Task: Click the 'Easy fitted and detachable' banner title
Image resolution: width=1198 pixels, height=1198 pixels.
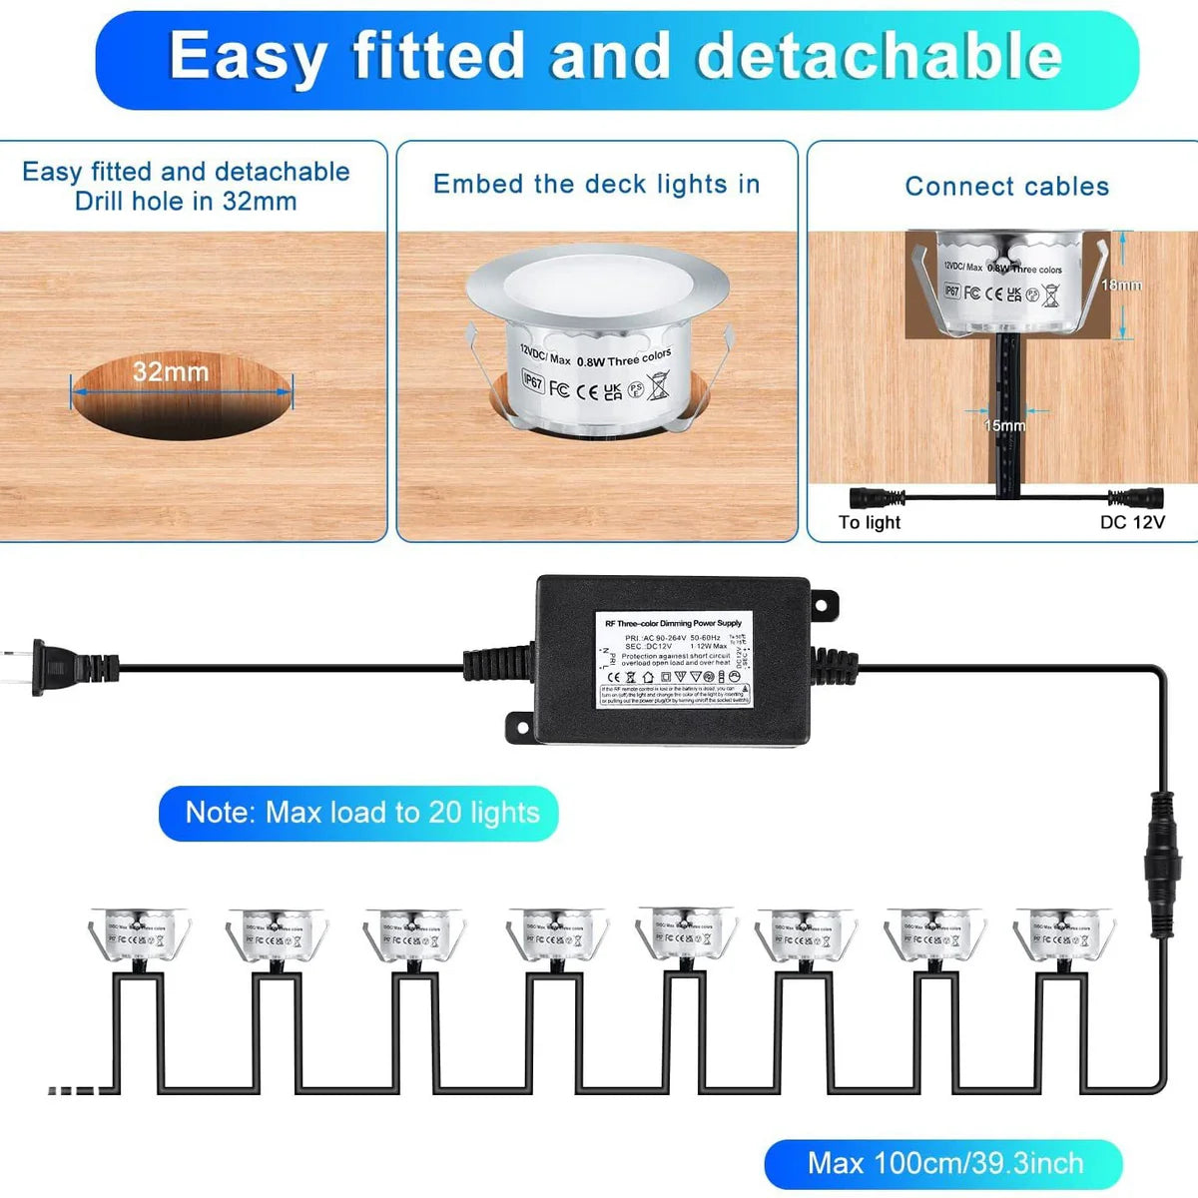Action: tap(616, 56)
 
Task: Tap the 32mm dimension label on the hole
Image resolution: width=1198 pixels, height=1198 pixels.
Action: tap(171, 372)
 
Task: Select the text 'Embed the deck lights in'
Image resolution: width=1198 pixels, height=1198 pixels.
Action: tap(596, 184)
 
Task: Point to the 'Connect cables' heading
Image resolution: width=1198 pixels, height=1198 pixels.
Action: tap(1006, 187)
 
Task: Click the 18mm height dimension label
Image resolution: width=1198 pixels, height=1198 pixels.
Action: tap(1121, 285)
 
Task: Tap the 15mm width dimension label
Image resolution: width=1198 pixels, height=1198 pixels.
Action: tap(1004, 425)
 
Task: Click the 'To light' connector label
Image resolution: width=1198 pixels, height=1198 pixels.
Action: tap(869, 522)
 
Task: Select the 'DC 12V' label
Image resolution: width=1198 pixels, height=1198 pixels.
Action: tap(1132, 522)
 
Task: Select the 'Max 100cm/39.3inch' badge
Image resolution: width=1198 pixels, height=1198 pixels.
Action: tap(944, 1163)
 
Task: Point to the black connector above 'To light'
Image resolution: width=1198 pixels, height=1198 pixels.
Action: tap(876, 497)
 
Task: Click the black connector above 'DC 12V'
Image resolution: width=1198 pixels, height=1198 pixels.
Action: tap(1135, 497)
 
